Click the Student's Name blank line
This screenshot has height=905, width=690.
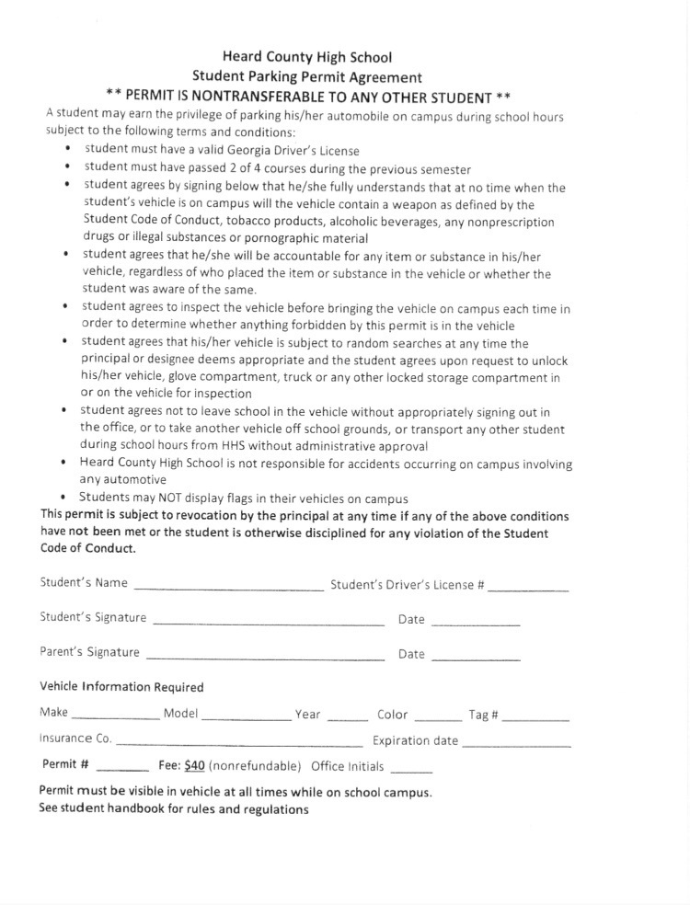[228, 587]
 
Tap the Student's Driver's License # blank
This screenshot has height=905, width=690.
[528, 588]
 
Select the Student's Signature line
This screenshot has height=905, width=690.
[268, 623]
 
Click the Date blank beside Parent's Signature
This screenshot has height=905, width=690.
[475, 659]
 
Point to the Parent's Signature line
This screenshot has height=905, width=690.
[265, 658]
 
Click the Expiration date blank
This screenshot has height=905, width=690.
[516, 744]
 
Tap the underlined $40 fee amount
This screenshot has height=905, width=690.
[194, 765]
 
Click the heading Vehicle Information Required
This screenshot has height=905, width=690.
[121, 687]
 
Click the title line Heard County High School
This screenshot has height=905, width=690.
[307, 57]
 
